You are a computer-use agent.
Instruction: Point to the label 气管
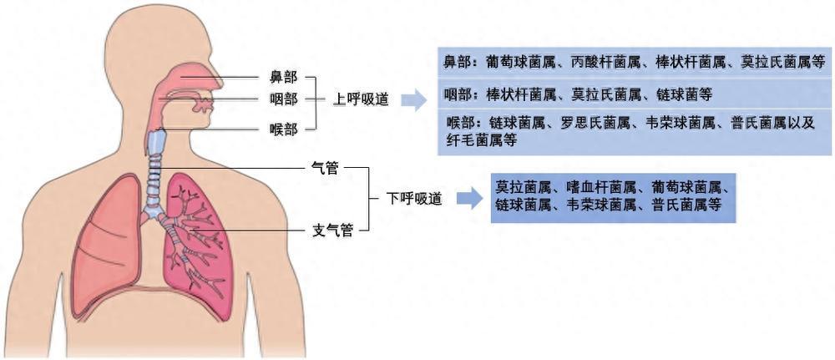pyautogui.click(x=325, y=170)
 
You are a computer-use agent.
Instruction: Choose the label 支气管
pyautogui.click(x=331, y=229)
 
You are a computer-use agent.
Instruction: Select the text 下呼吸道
pyautogui.click(x=414, y=199)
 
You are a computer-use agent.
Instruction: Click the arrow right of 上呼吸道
pyautogui.click(x=414, y=100)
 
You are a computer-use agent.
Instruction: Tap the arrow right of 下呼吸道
pyautogui.click(x=469, y=199)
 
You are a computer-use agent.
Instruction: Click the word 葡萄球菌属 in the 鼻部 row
pyautogui.click(x=518, y=62)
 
